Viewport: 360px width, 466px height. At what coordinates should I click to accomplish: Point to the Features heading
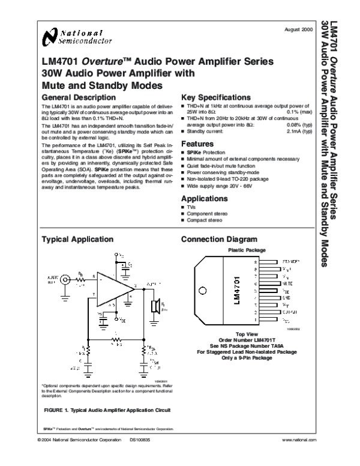coord(197,144)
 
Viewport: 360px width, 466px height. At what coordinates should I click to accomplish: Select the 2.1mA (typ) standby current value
coord(299,131)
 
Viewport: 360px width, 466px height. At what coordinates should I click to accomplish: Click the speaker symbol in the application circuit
coord(154,306)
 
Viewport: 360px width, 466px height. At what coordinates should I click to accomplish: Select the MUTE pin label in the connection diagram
coord(287,282)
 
